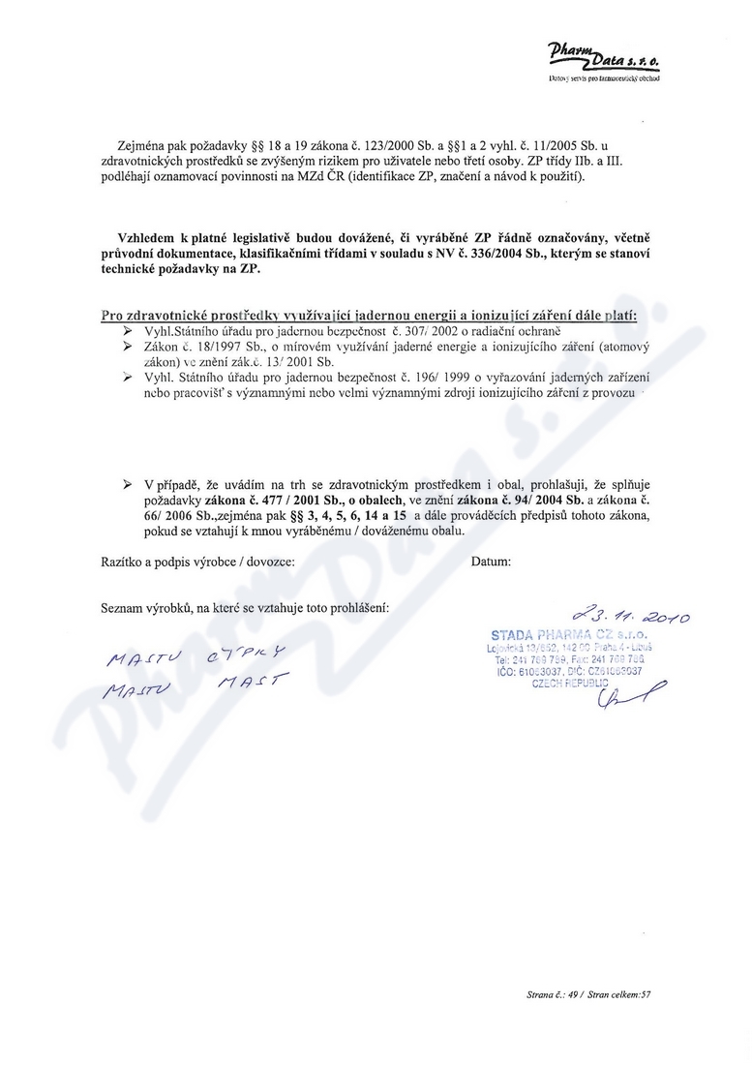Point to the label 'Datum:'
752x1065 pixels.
tap(492, 562)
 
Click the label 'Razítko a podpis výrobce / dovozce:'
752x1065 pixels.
tap(198, 562)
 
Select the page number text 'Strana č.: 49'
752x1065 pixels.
tap(553, 993)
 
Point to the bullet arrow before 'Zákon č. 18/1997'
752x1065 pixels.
tap(127, 346)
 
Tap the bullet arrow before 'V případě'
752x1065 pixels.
tap(127, 481)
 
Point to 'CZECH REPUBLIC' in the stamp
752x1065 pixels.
tap(568, 682)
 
